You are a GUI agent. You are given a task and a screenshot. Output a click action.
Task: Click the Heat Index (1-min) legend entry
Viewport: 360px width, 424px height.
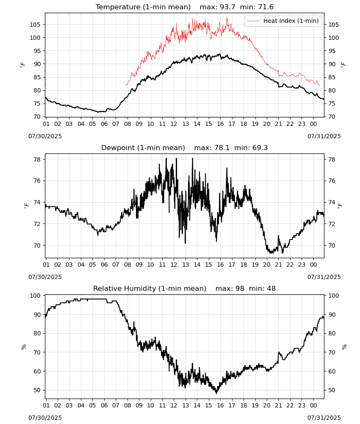(x=283, y=21)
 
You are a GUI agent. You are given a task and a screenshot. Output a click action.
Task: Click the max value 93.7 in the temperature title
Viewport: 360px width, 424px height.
(x=228, y=7)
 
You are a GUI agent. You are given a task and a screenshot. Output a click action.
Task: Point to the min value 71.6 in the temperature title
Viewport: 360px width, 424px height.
(x=266, y=7)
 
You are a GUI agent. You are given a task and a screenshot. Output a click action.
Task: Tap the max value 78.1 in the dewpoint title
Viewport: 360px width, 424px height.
(x=222, y=148)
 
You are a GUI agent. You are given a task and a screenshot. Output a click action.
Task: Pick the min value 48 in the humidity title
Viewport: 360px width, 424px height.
(x=271, y=289)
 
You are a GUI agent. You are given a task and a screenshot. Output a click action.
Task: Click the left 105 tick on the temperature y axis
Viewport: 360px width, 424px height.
(x=35, y=25)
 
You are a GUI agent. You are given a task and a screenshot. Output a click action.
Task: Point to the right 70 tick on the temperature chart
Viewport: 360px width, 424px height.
(x=332, y=117)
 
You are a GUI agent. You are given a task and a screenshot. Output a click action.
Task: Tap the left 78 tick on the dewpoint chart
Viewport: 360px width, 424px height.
(x=37, y=159)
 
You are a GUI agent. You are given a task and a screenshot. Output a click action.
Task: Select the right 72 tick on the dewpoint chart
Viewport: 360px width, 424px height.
(x=332, y=224)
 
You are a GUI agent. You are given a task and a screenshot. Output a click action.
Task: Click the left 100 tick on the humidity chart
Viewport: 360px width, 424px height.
(x=35, y=296)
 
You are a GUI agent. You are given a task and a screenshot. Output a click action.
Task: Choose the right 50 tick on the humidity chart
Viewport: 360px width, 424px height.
(x=332, y=390)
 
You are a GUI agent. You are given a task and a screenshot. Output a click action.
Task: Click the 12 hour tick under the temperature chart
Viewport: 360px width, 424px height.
(x=174, y=124)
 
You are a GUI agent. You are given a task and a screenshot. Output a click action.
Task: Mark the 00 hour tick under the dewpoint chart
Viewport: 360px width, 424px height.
(x=313, y=265)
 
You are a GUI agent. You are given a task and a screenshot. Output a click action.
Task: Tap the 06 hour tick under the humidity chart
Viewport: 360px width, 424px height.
(x=104, y=406)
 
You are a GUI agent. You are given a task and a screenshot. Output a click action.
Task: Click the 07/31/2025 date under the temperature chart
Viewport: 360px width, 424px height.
(x=324, y=136)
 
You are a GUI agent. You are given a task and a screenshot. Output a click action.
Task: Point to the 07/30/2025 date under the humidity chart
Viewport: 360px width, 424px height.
(x=45, y=418)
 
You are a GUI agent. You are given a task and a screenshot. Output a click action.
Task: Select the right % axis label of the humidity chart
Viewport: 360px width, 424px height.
(x=344, y=347)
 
